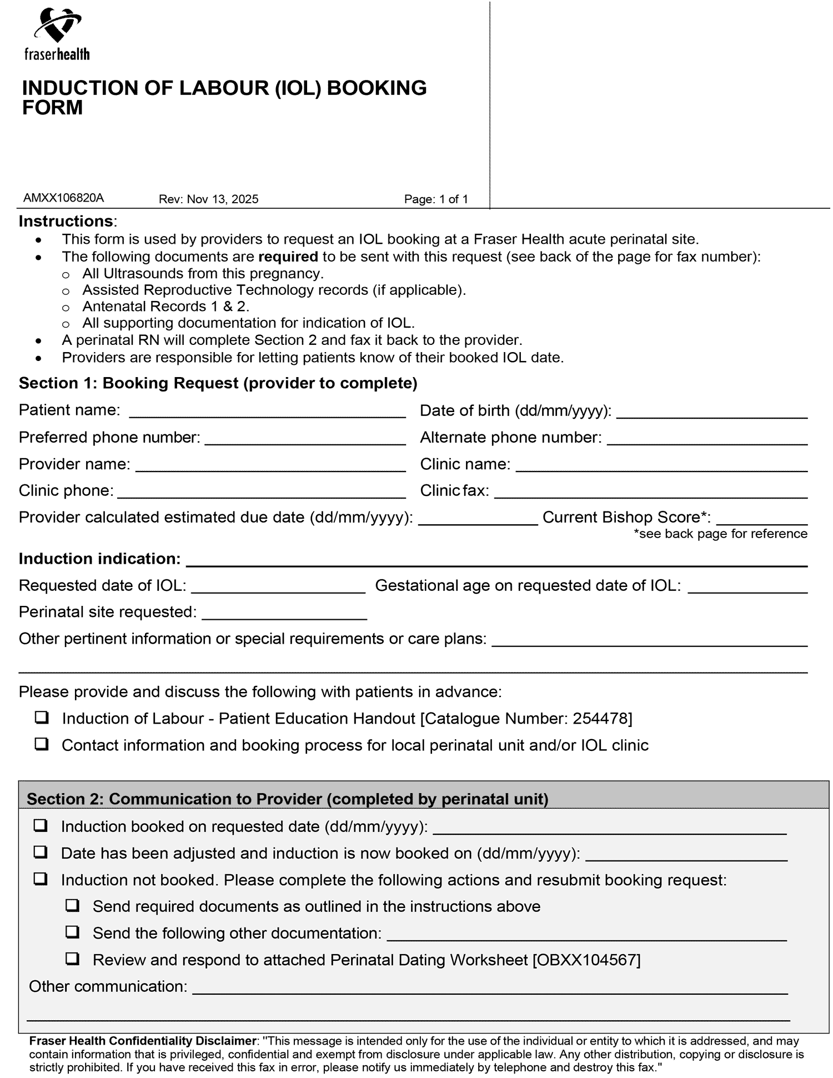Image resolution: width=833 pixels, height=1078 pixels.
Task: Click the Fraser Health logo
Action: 57,34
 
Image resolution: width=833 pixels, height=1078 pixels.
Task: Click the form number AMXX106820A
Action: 63,198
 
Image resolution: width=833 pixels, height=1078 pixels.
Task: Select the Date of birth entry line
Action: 712,412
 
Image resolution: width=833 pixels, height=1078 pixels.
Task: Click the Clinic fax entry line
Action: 650,492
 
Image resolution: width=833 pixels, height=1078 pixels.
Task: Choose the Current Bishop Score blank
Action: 762,519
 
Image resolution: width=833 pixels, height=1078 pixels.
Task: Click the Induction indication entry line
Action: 496,561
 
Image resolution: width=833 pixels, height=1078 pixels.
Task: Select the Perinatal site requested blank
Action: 284,614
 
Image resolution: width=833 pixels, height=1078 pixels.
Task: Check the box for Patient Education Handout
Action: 41,718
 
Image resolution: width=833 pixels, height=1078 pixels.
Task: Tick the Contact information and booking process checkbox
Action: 41,745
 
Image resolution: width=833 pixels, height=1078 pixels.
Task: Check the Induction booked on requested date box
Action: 40,826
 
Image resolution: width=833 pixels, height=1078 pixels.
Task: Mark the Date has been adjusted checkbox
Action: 40,853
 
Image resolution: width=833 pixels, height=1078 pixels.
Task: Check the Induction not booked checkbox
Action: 40,879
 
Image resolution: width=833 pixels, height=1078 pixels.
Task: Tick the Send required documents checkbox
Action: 72,906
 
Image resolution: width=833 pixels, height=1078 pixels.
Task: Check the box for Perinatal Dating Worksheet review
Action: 72,959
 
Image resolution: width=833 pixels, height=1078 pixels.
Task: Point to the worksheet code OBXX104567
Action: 586,960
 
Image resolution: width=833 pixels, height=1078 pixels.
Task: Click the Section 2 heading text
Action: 287,799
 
